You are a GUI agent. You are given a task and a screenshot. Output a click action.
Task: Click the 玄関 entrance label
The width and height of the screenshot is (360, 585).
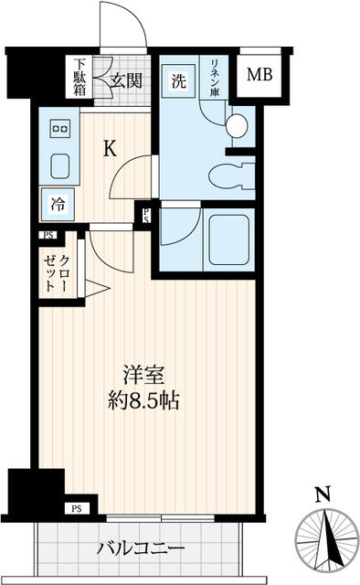pos(126,80)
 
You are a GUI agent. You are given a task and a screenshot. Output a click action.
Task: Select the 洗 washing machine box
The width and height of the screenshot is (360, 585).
pos(178,80)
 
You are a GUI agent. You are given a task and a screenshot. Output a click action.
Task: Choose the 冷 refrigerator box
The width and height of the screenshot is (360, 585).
pos(58,204)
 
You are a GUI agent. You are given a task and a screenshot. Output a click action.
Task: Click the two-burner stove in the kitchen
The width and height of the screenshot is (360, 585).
pos(60,130)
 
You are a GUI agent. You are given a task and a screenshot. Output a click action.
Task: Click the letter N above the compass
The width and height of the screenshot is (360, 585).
pos(321,496)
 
